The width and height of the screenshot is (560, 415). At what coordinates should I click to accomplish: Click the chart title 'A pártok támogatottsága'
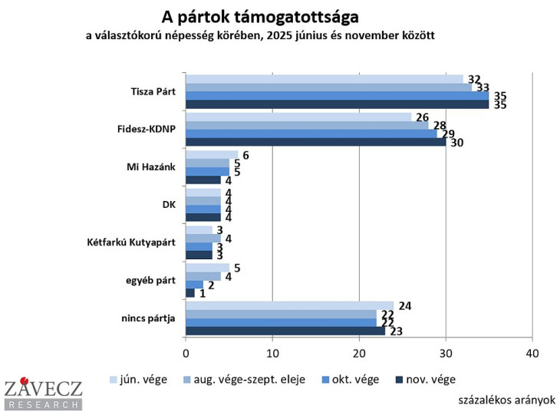tap(260, 16)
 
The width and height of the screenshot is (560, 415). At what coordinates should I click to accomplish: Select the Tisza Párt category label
tap(153, 91)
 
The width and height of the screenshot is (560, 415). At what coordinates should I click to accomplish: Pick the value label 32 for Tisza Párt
tap(473, 79)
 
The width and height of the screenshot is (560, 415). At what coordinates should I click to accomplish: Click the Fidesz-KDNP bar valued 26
tap(298, 117)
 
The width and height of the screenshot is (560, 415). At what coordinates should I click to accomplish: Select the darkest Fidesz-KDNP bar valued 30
tap(315, 142)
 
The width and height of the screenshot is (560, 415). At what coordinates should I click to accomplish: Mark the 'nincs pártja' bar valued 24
tap(289, 305)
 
